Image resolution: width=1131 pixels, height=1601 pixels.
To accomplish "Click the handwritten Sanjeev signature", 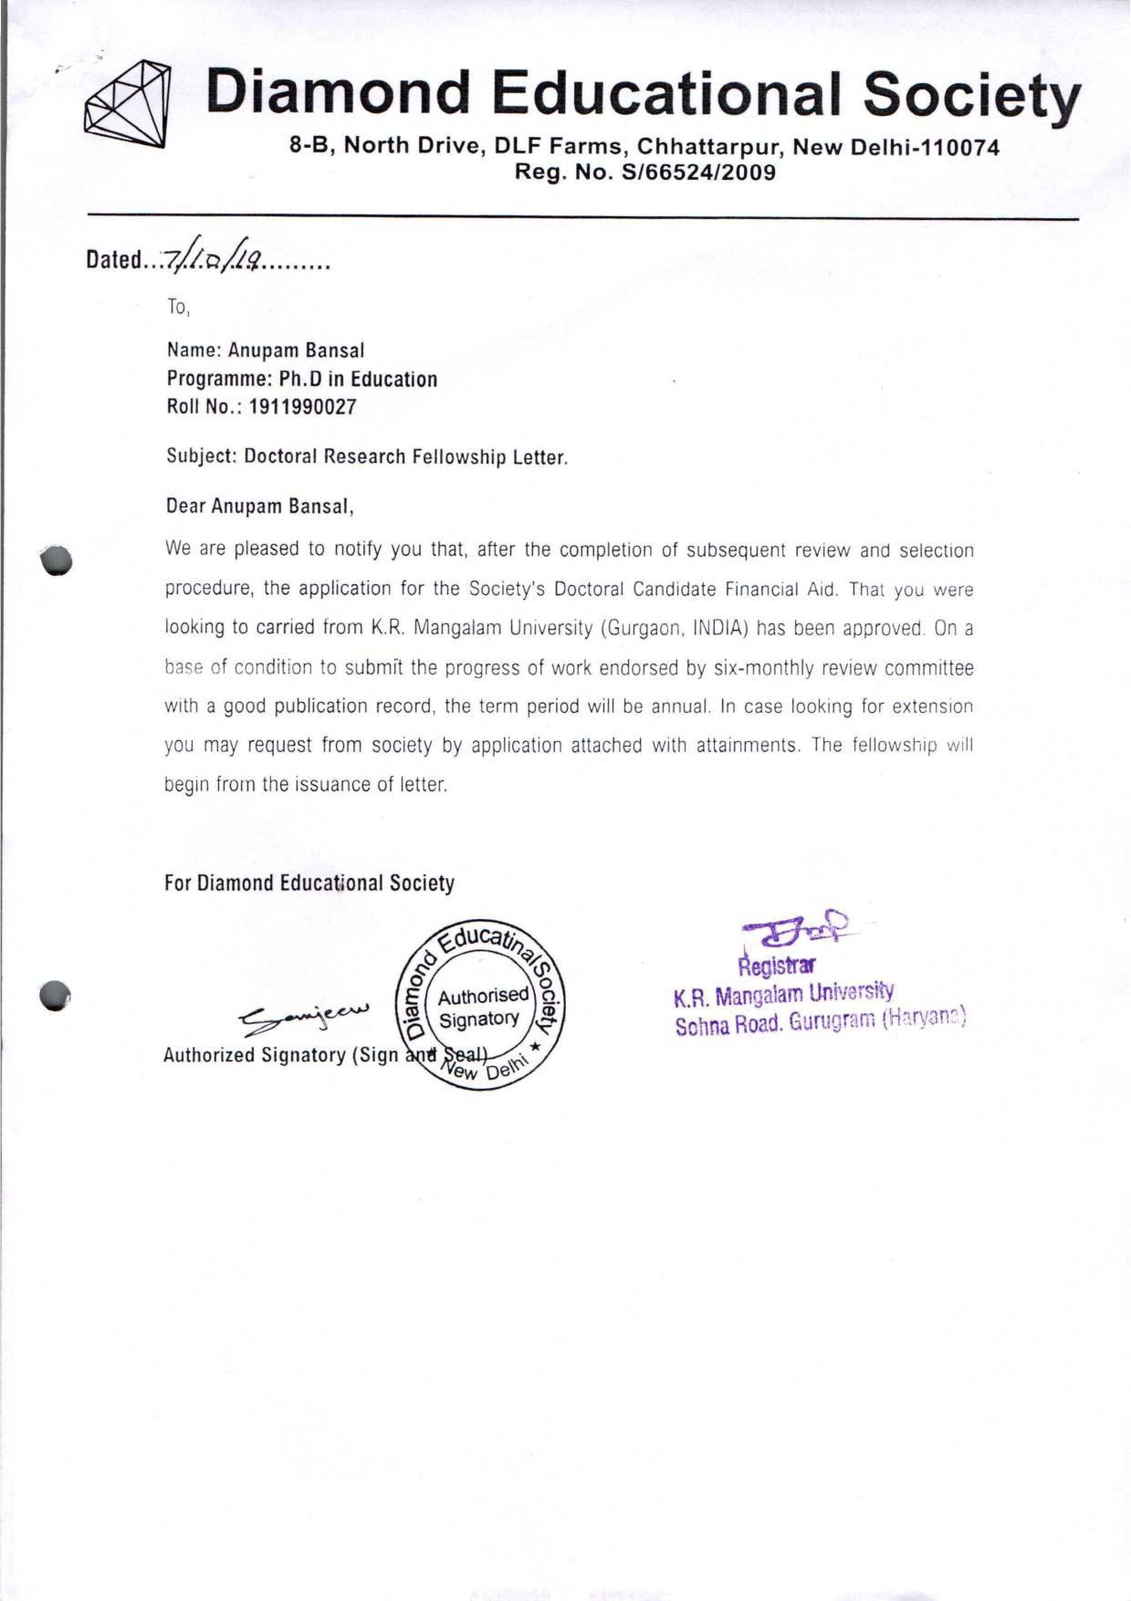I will coord(305,1014).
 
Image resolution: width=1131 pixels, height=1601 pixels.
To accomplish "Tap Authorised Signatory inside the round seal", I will coord(481,1007).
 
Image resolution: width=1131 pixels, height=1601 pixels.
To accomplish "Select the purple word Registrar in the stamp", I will coord(776,967).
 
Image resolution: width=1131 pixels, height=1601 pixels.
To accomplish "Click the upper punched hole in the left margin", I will coord(57,559).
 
